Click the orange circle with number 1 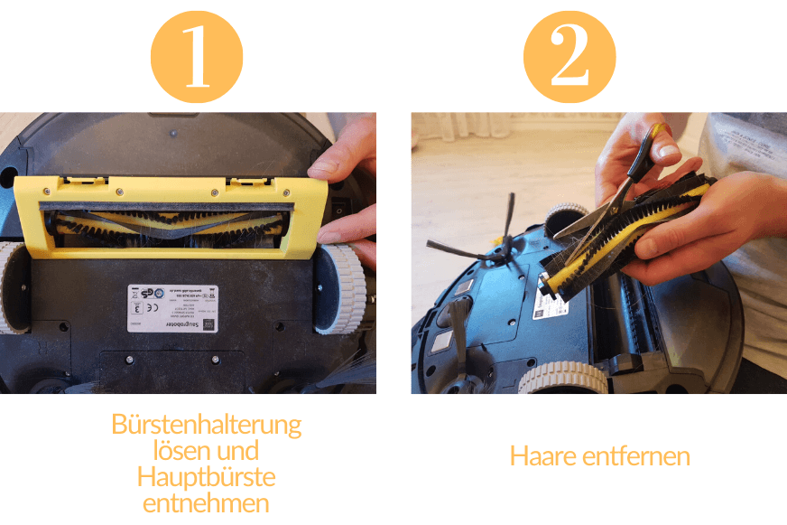(x=197, y=56)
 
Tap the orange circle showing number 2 (x=569, y=56)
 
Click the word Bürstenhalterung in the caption (x=206, y=424)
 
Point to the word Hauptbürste (x=206, y=476)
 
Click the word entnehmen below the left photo (x=206, y=502)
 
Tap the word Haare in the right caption (x=542, y=456)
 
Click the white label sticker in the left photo (x=172, y=308)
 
